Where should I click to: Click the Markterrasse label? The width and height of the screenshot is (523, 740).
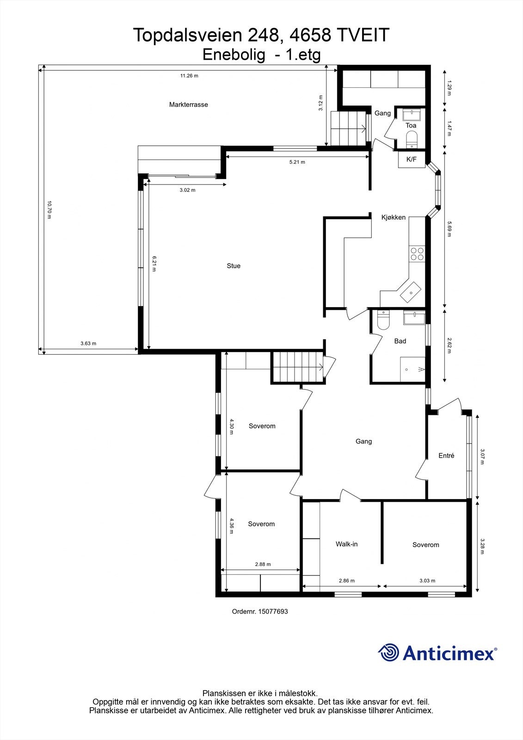[188, 105]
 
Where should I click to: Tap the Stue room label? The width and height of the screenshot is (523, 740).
[234, 266]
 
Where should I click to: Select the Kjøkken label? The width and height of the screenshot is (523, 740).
[393, 217]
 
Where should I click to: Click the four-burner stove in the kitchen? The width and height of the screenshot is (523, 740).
[417, 254]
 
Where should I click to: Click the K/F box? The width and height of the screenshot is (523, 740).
[411, 160]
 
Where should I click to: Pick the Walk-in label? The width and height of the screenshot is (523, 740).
[346, 544]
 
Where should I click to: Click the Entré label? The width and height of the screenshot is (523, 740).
[446, 456]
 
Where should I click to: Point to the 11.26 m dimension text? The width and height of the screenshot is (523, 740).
[189, 76]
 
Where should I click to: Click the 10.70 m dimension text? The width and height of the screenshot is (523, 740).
[49, 210]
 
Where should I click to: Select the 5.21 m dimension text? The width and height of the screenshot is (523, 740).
[297, 162]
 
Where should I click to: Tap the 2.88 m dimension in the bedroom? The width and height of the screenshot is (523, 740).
[263, 564]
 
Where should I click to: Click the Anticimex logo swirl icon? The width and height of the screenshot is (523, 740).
[388, 653]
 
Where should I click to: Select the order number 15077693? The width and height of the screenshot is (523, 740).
[273, 611]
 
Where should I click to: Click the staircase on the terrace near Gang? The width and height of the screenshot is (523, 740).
[347, 128]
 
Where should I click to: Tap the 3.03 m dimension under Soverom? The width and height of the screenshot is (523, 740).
[427, 581]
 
